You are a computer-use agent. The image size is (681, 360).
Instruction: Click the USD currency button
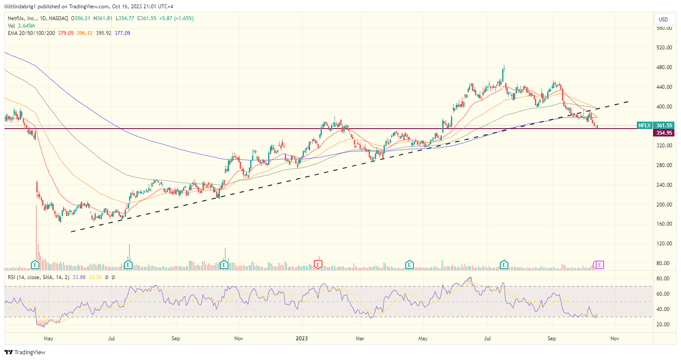663,19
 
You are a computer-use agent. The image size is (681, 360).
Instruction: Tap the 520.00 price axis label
664,48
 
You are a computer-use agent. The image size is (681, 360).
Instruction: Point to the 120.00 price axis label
664,244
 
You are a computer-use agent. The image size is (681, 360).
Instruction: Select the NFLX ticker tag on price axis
644,126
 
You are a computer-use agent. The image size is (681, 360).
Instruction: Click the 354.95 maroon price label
664,133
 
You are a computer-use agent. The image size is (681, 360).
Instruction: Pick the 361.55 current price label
664,126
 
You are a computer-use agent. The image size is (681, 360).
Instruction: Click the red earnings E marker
318,264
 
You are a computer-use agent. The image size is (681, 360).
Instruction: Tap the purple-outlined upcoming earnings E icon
600,265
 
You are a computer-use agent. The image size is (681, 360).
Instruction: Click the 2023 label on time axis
302,338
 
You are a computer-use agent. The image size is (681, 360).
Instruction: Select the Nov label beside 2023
239,338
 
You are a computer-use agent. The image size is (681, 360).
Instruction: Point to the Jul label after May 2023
487,338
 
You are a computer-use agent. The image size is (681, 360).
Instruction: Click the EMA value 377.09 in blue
122,33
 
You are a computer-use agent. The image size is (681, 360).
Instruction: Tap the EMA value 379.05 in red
66,33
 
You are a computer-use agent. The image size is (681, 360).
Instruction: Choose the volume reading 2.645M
27,26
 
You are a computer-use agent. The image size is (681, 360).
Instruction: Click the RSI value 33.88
79,277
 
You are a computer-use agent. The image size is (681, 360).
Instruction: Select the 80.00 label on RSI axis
663,279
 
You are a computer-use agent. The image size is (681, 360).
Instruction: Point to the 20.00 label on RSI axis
663,325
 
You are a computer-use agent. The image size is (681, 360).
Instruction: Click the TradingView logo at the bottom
25,352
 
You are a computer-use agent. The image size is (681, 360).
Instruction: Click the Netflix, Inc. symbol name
22,18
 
